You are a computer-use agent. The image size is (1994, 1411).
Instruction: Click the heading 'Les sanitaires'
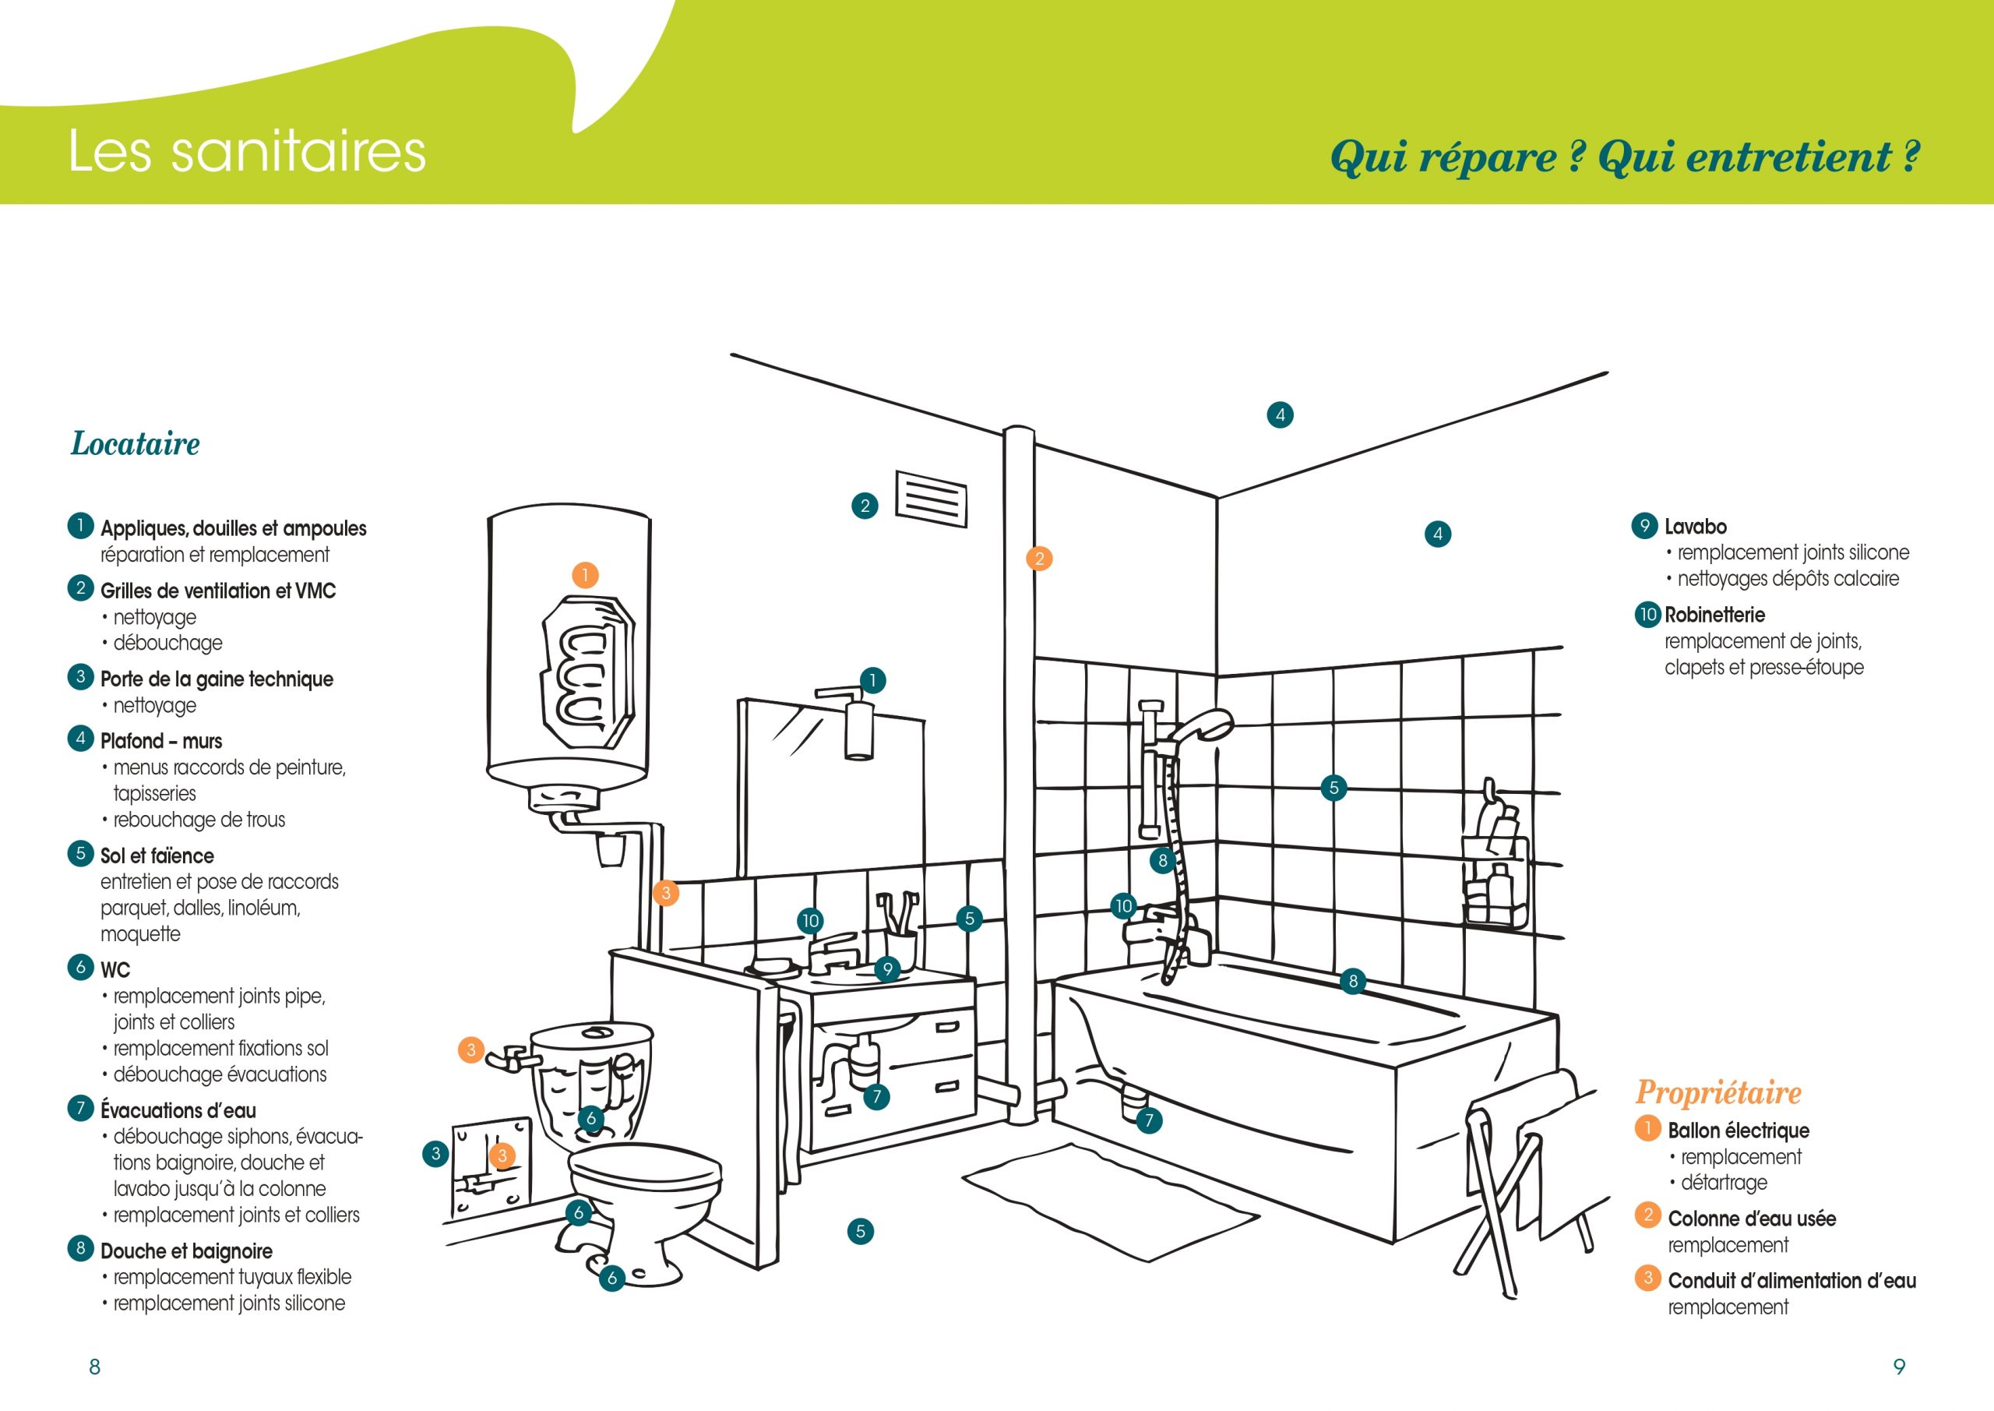[x=247, y=151]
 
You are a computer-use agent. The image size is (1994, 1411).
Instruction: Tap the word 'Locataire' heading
[x=135, y=444]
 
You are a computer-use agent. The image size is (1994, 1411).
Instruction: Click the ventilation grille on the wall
[x=930, y=499]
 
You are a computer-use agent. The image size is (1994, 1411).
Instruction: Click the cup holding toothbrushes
[x=900, y=949]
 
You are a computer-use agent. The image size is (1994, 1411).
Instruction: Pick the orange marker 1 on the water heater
[x=585, y=575]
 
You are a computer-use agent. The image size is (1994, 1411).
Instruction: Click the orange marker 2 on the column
[x=1039, y=559]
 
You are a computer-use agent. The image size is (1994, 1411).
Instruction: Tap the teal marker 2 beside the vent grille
[x=864, y=506]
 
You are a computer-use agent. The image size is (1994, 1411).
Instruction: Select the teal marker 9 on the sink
[x=886, y=968]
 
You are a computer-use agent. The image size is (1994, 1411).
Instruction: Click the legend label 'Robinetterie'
[x=1714, y=616]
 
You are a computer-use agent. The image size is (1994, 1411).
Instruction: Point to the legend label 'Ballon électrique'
[x=1738, y=1131]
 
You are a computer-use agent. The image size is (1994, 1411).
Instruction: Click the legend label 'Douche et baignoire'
[x=186, y=1251]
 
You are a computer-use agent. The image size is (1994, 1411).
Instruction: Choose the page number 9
[x=1898, y=1367]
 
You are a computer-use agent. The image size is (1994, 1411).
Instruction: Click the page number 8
[x=95, y=1367]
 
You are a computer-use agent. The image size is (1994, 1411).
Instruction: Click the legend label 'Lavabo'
[x=1695, y=527]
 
